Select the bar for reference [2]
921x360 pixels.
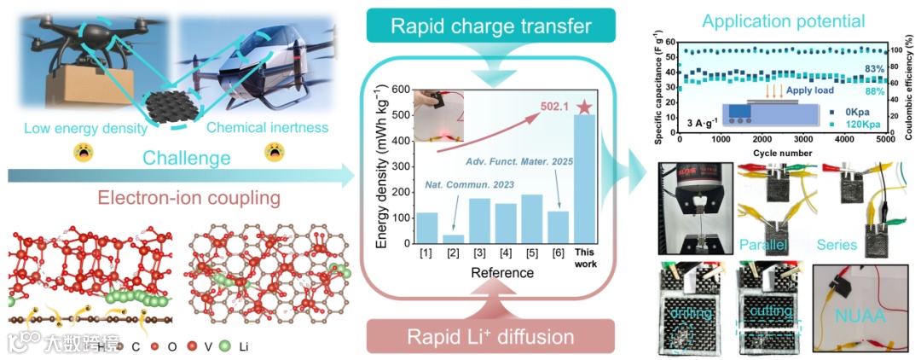(x=454, y=238)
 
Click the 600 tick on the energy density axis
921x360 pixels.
(x=400, y=89)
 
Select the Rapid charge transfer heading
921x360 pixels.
(x=492, y=26)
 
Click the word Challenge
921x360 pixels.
(x=186, y=159)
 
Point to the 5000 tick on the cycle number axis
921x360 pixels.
(x=884, y=140)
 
